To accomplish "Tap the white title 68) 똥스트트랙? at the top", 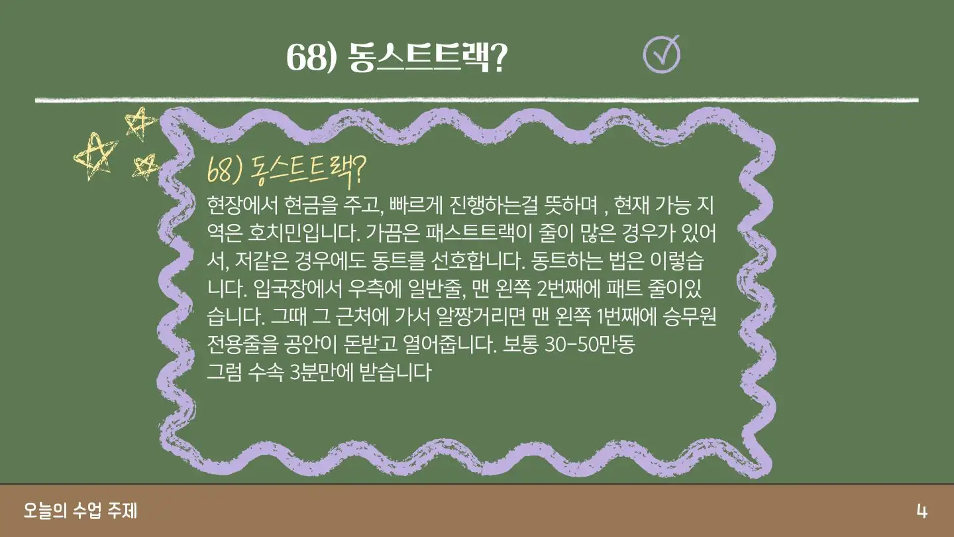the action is pyautogui.click(x=397, y=57).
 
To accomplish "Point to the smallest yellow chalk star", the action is pyautogui.click(x=146, y=166).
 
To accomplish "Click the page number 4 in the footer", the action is pyautogui.click(x=922, y=511).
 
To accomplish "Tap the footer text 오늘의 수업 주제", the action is pyautogui.click(x=81, y=510).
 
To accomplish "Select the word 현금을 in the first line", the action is pyautogui.click(x=309, y=206).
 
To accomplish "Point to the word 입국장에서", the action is pyautogui.click(x=297, y=289).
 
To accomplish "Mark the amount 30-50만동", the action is pyautogui.click(x=590, y=344).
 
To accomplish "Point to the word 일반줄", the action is pyautogui.click(x=436, y=289).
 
